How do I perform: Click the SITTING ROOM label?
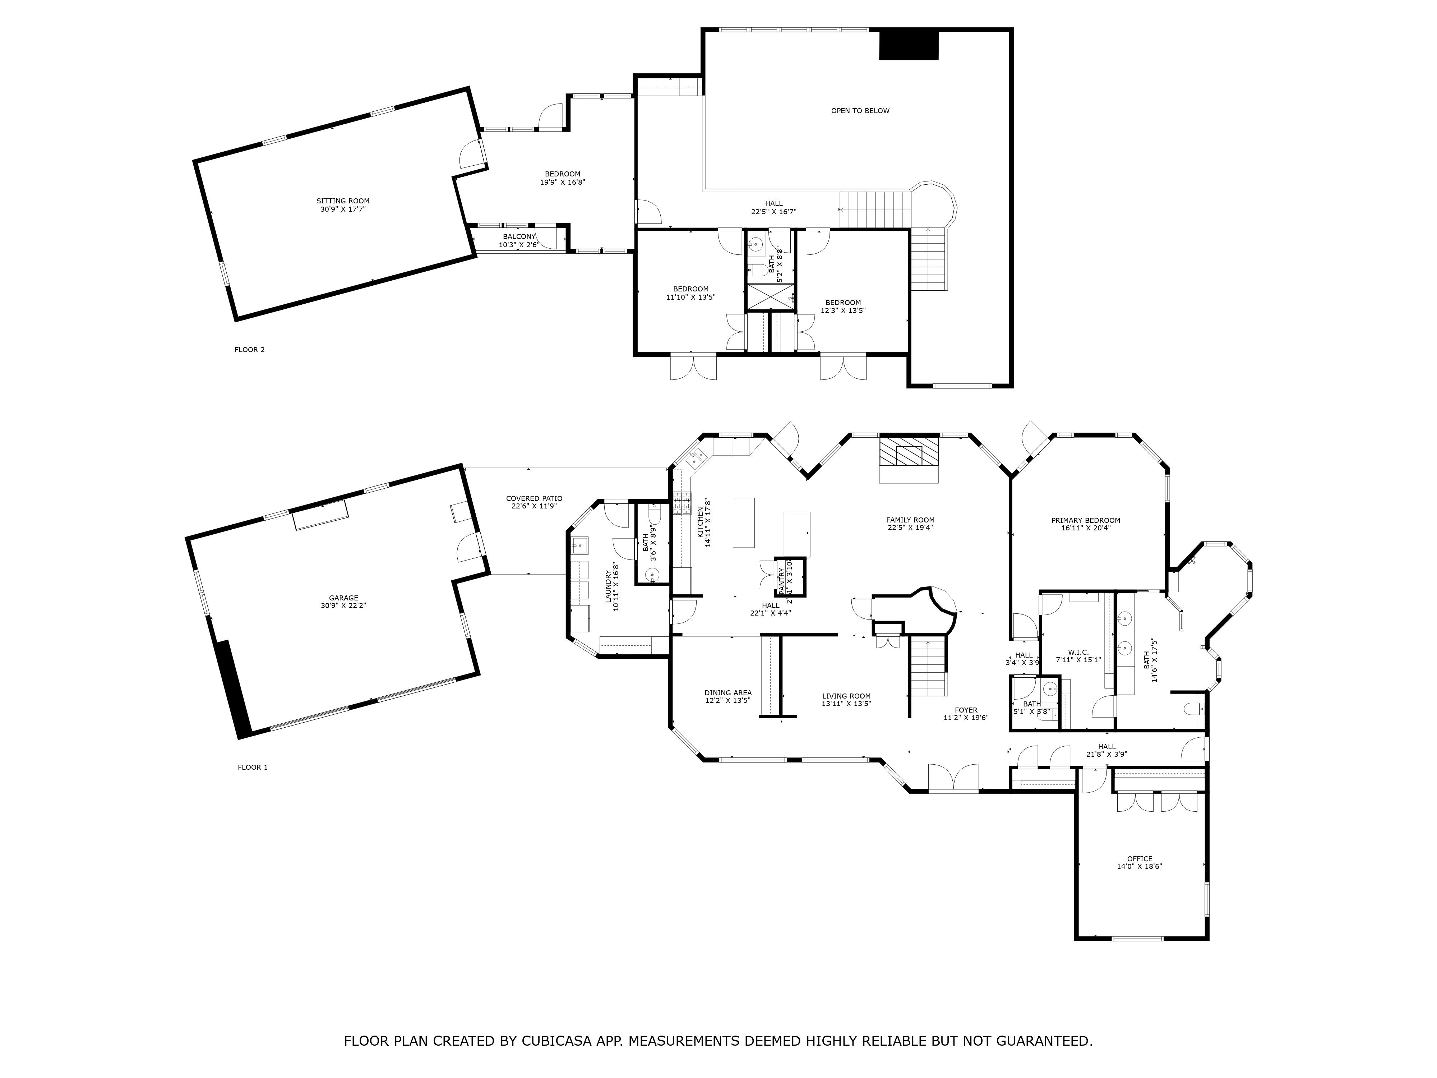[x=343, y=201]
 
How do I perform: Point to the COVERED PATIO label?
[x=534, y=498]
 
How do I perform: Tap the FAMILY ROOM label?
[x=910, y=520]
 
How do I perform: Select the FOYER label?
[x=966, y=710]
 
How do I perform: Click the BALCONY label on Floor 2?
[x=519, y=236]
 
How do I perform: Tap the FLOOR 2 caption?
[x=249, y=350]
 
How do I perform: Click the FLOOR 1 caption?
[x=253, y=768]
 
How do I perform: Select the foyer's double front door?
[x=953, y=778]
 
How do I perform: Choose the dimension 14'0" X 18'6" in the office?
[x=1140, y=866]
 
